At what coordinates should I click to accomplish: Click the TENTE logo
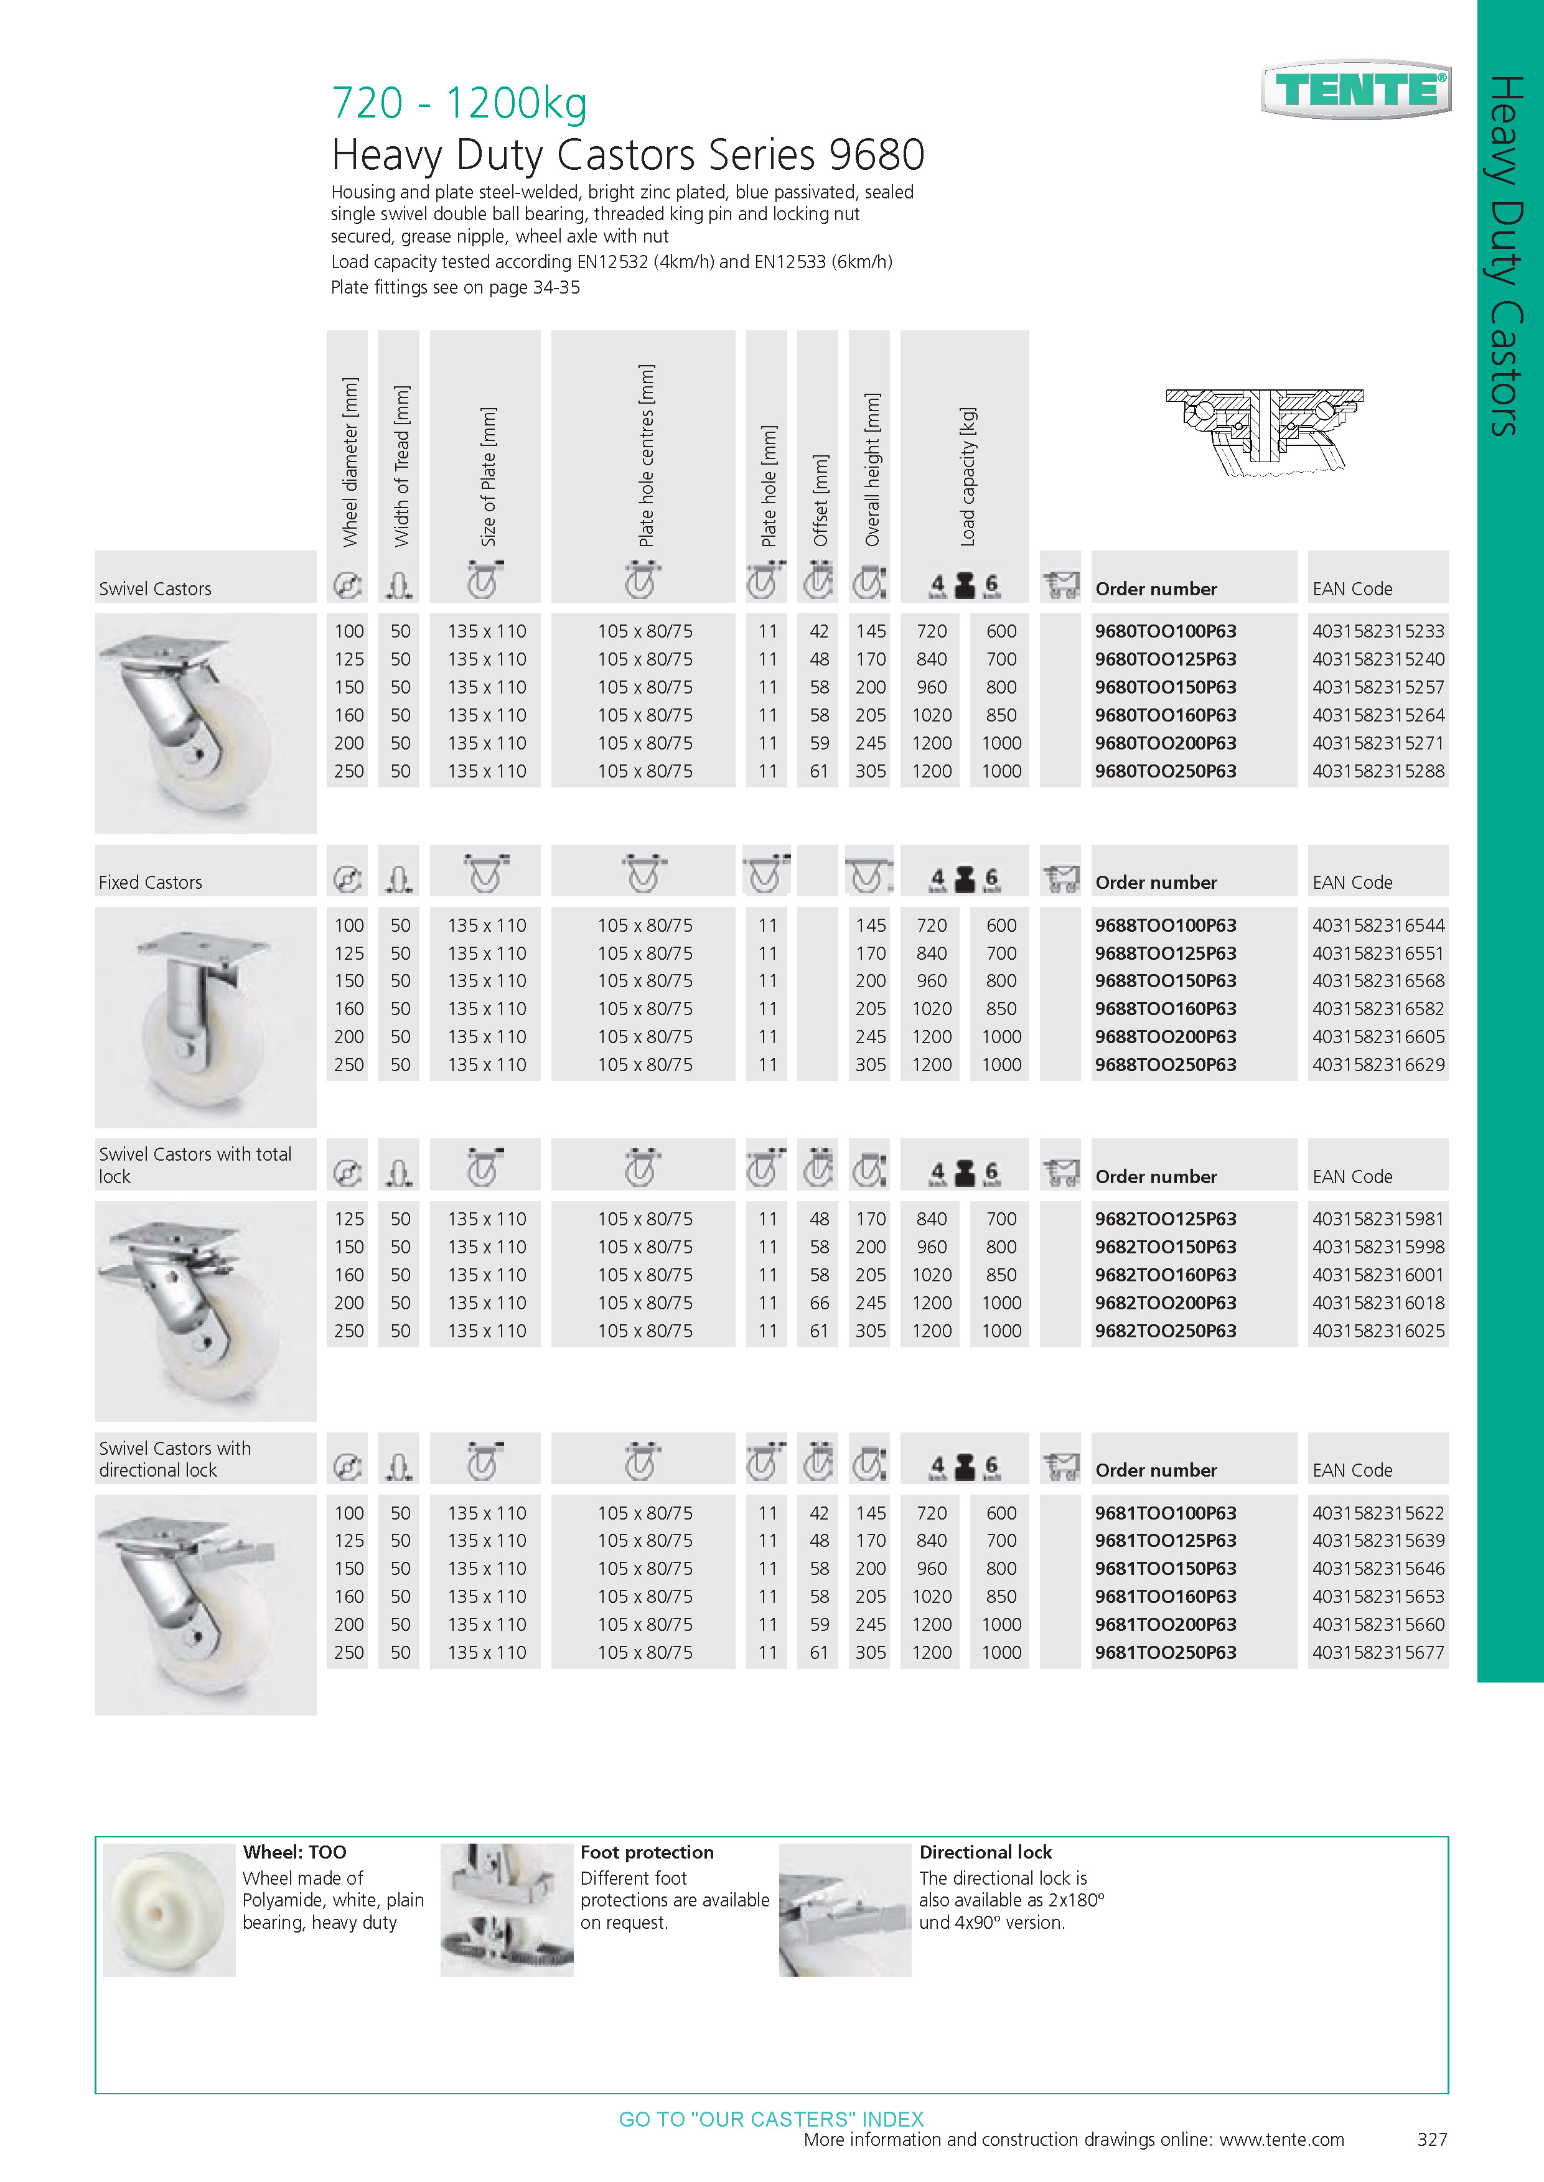point(1356,90)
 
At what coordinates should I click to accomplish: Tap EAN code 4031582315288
point(1378,771)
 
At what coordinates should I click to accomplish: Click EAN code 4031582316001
point(1378,1274)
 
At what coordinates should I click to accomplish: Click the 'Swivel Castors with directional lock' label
point(175,1459)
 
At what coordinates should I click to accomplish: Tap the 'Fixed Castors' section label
point(150,882)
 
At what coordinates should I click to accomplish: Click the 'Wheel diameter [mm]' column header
point(350,462)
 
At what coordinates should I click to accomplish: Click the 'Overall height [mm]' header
point(871,470)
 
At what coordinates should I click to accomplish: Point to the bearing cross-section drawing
point(1265,432)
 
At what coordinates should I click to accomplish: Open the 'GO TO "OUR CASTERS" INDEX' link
point(771,2119)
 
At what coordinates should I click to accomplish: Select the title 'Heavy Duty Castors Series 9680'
point(627,154)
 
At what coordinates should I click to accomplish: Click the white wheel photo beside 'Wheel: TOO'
point(168,1910)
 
